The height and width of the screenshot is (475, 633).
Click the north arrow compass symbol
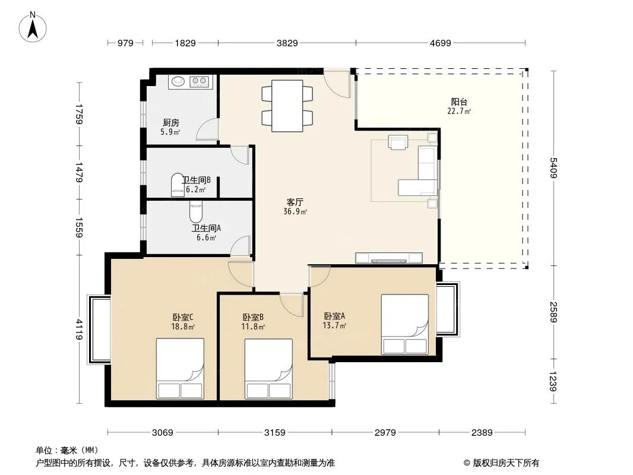coord(33,27)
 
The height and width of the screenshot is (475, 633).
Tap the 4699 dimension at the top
coord(440,43)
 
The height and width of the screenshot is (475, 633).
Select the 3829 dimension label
coord(287,43)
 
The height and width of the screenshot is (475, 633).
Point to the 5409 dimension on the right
coord(553,167)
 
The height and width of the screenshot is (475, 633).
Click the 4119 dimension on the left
coord(79,330)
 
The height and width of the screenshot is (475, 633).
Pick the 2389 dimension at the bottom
coord(482,433)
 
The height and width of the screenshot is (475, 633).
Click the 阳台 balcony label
coord(459,102)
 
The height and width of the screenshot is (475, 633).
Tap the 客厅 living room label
coord(295,202)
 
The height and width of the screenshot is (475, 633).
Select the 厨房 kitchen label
coord(171,122)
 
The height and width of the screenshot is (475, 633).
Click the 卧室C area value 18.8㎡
coord(183,327)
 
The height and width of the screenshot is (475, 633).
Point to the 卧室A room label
coord(334,316)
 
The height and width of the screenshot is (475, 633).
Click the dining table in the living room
coord(287,106)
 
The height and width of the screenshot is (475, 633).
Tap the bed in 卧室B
coord(268,369)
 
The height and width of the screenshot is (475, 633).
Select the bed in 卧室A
coord(405,324)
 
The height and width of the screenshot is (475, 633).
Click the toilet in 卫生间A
coord(196,211)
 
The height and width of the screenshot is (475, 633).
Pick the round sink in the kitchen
coord(178,81)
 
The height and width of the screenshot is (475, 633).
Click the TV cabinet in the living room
coord(389,258)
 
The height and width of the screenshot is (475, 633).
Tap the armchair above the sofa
coord(398,142)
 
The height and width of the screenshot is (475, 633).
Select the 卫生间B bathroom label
coord(196,180)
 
